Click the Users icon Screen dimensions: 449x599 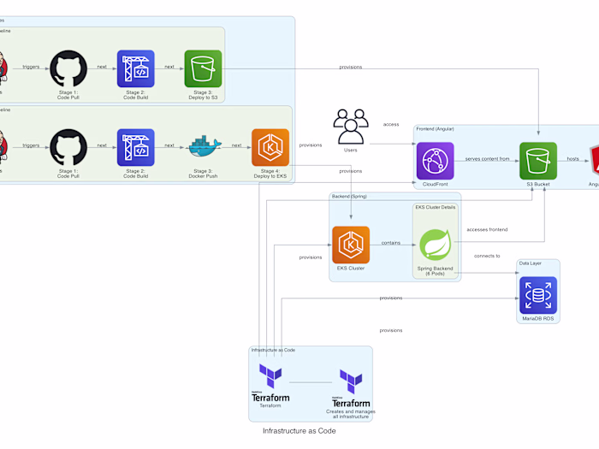click(350, 127)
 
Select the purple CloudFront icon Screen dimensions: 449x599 click(435, 161)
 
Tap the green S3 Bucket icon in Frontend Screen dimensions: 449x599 click(537, 161)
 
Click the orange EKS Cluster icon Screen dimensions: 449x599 click(350, 245)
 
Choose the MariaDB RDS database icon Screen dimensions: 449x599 click(537, 295)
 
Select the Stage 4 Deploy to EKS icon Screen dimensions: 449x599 click(270, 147)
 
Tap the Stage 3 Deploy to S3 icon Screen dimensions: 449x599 click(203, 68)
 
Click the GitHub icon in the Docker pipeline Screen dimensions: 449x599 click(68, 147)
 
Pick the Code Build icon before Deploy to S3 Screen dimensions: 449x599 click(135, 68)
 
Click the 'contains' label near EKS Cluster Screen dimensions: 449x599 click(390, 243)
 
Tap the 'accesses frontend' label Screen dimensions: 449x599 click(487, 229)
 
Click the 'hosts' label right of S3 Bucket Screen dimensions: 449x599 click(572, 159)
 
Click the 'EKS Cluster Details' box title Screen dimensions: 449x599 click(436, 208)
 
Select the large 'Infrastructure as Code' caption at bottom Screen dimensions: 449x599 click(299, 431)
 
